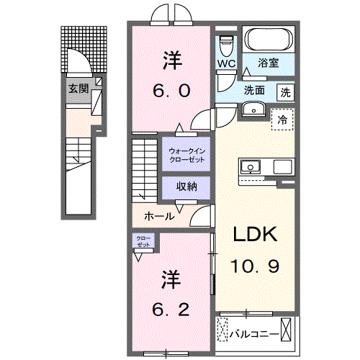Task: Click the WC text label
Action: pyautogui.click(x=226, y=63)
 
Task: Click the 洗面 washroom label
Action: pyautogui.click(x=254, y=91)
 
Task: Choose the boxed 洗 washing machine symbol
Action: pyautogui.click(x=286, y=92)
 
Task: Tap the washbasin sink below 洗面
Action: pyautogui.click(x=253, y=109)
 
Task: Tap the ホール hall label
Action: pyautogui.click(x=159, y=215)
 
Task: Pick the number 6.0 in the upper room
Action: pyautogui.click(x=171, y=91)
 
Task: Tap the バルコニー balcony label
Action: pyautogui.click(x=251, y=333)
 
